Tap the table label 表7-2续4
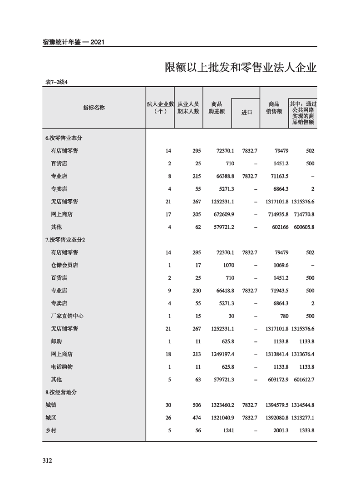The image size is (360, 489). pyautogui.click(x=57, y=82)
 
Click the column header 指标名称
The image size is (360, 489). pyautogui.click(x=94, y=108)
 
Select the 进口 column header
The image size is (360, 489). pyautogui.click(x=247, y=113)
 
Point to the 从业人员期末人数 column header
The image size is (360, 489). pyautogui.click(x=188, y=108)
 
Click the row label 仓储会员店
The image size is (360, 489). pyautogui.click(x=68, y=265)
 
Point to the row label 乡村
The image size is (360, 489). pyautogui.click(x=51, y=430)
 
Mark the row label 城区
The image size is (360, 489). pyautogui.click(x=51, y=417)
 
